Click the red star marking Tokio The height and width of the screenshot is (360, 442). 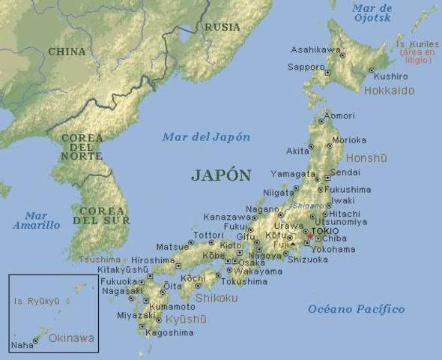310,236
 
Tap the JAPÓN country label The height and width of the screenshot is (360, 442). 221,175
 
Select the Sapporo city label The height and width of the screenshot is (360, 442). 306,67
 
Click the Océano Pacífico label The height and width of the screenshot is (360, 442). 356,309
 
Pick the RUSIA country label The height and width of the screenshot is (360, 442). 222,27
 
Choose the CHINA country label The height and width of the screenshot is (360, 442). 67,51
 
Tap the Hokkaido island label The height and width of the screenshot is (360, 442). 388,91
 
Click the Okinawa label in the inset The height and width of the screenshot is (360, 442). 71,338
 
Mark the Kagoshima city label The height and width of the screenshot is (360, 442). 170,331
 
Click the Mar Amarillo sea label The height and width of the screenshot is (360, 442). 35,220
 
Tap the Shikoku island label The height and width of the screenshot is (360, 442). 217,298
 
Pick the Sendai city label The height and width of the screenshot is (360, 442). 345,172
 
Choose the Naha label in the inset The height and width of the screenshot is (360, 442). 22,346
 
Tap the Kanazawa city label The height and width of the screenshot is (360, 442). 225,217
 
